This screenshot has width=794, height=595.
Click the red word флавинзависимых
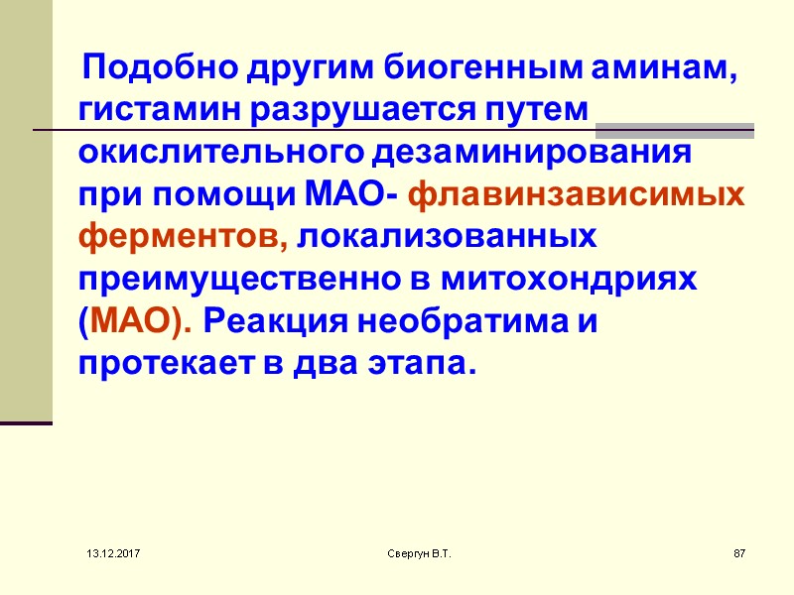577,195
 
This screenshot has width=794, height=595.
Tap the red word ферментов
183,238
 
